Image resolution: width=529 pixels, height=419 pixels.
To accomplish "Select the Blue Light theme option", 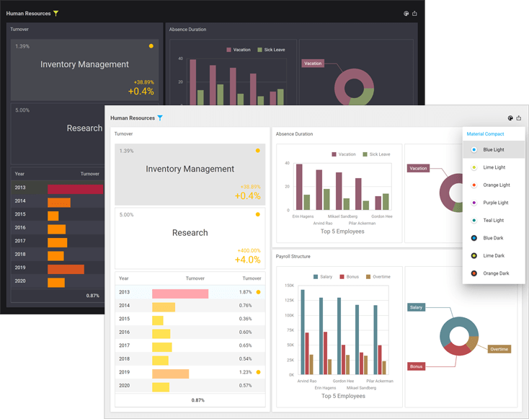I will pos(493,150).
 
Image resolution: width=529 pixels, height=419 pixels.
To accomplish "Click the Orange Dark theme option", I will pos(495,273).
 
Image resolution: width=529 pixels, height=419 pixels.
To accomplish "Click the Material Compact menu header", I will pos(485,134).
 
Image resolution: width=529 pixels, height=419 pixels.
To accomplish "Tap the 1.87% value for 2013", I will pos(246,292).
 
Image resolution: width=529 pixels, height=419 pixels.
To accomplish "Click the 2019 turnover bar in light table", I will pos(170,372).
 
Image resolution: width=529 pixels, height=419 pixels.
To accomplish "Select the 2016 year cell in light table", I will pos(124,332).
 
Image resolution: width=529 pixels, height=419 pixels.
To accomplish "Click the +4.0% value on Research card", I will pos(248,260).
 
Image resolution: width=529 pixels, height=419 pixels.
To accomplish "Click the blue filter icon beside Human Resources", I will pos(160,118).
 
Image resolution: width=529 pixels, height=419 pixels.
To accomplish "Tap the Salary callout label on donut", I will pos(417,307).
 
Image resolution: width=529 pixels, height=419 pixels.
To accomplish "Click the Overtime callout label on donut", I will pos(499,349).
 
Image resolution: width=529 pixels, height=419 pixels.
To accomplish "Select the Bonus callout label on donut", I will pos(417,366).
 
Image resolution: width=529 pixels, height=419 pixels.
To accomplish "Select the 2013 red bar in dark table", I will pos(75,188).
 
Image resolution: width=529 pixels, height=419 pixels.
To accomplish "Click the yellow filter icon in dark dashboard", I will pos(56,13).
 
